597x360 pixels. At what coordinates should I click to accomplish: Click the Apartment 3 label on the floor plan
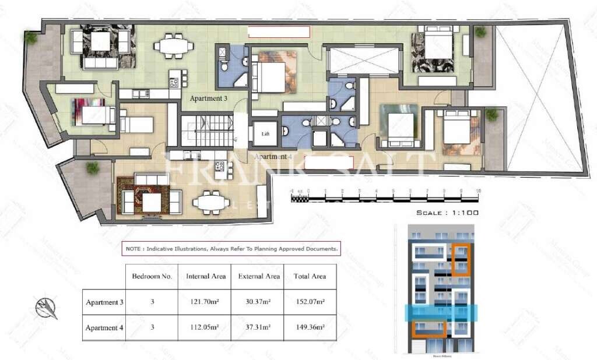click(209, 98)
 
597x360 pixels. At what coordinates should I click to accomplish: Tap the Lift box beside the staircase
click(266, 133)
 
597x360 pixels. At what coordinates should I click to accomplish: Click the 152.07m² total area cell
click(310, 302)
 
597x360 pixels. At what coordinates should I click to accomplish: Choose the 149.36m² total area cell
click(310, 327)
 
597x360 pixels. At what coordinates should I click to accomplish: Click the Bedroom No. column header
click(152, 277)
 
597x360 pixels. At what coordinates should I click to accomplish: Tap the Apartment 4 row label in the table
click(104, 327)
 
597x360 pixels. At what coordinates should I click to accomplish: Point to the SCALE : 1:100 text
click(447, 213)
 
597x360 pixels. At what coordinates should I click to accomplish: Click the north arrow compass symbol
click(46, 308)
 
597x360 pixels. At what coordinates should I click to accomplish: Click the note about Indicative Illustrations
click(231, 248)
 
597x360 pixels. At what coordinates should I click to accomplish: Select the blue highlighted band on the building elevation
click(441, 313)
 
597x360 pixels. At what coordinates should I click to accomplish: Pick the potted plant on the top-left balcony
click(31, 38)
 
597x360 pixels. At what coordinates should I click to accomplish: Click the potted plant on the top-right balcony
click(480, 33)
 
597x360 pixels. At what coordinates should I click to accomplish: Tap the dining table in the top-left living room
click(175, 47)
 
